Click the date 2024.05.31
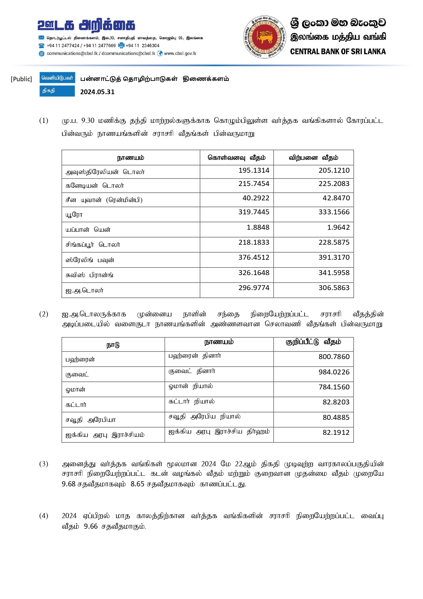(97, 92)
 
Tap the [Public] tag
(21, 79)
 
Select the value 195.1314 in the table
(254, 170)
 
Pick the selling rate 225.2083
(334, 184)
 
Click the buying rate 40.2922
(256, 198)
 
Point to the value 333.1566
(334, 212)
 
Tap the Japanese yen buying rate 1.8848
(258, 227)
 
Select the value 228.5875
(334, 242)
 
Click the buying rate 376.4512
(254, 257)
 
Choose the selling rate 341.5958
(334, 273)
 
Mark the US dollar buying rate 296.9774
(254, 288)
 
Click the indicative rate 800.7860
(334, 357)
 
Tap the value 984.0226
(334, 372)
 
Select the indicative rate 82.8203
(336, 402)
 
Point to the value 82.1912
(336, 432)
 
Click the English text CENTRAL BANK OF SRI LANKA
(338, 52)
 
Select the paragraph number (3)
(44, 464)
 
